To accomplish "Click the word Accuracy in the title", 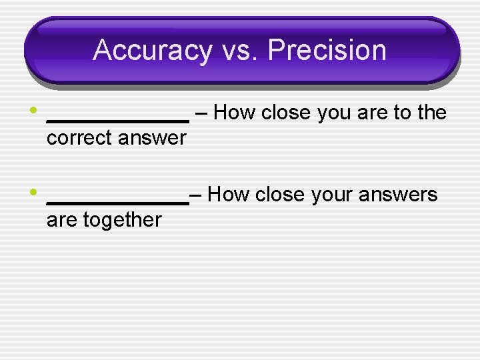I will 151,51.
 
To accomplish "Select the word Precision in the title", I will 329,51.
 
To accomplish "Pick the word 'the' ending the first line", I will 431,113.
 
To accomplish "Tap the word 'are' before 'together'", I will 62,219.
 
